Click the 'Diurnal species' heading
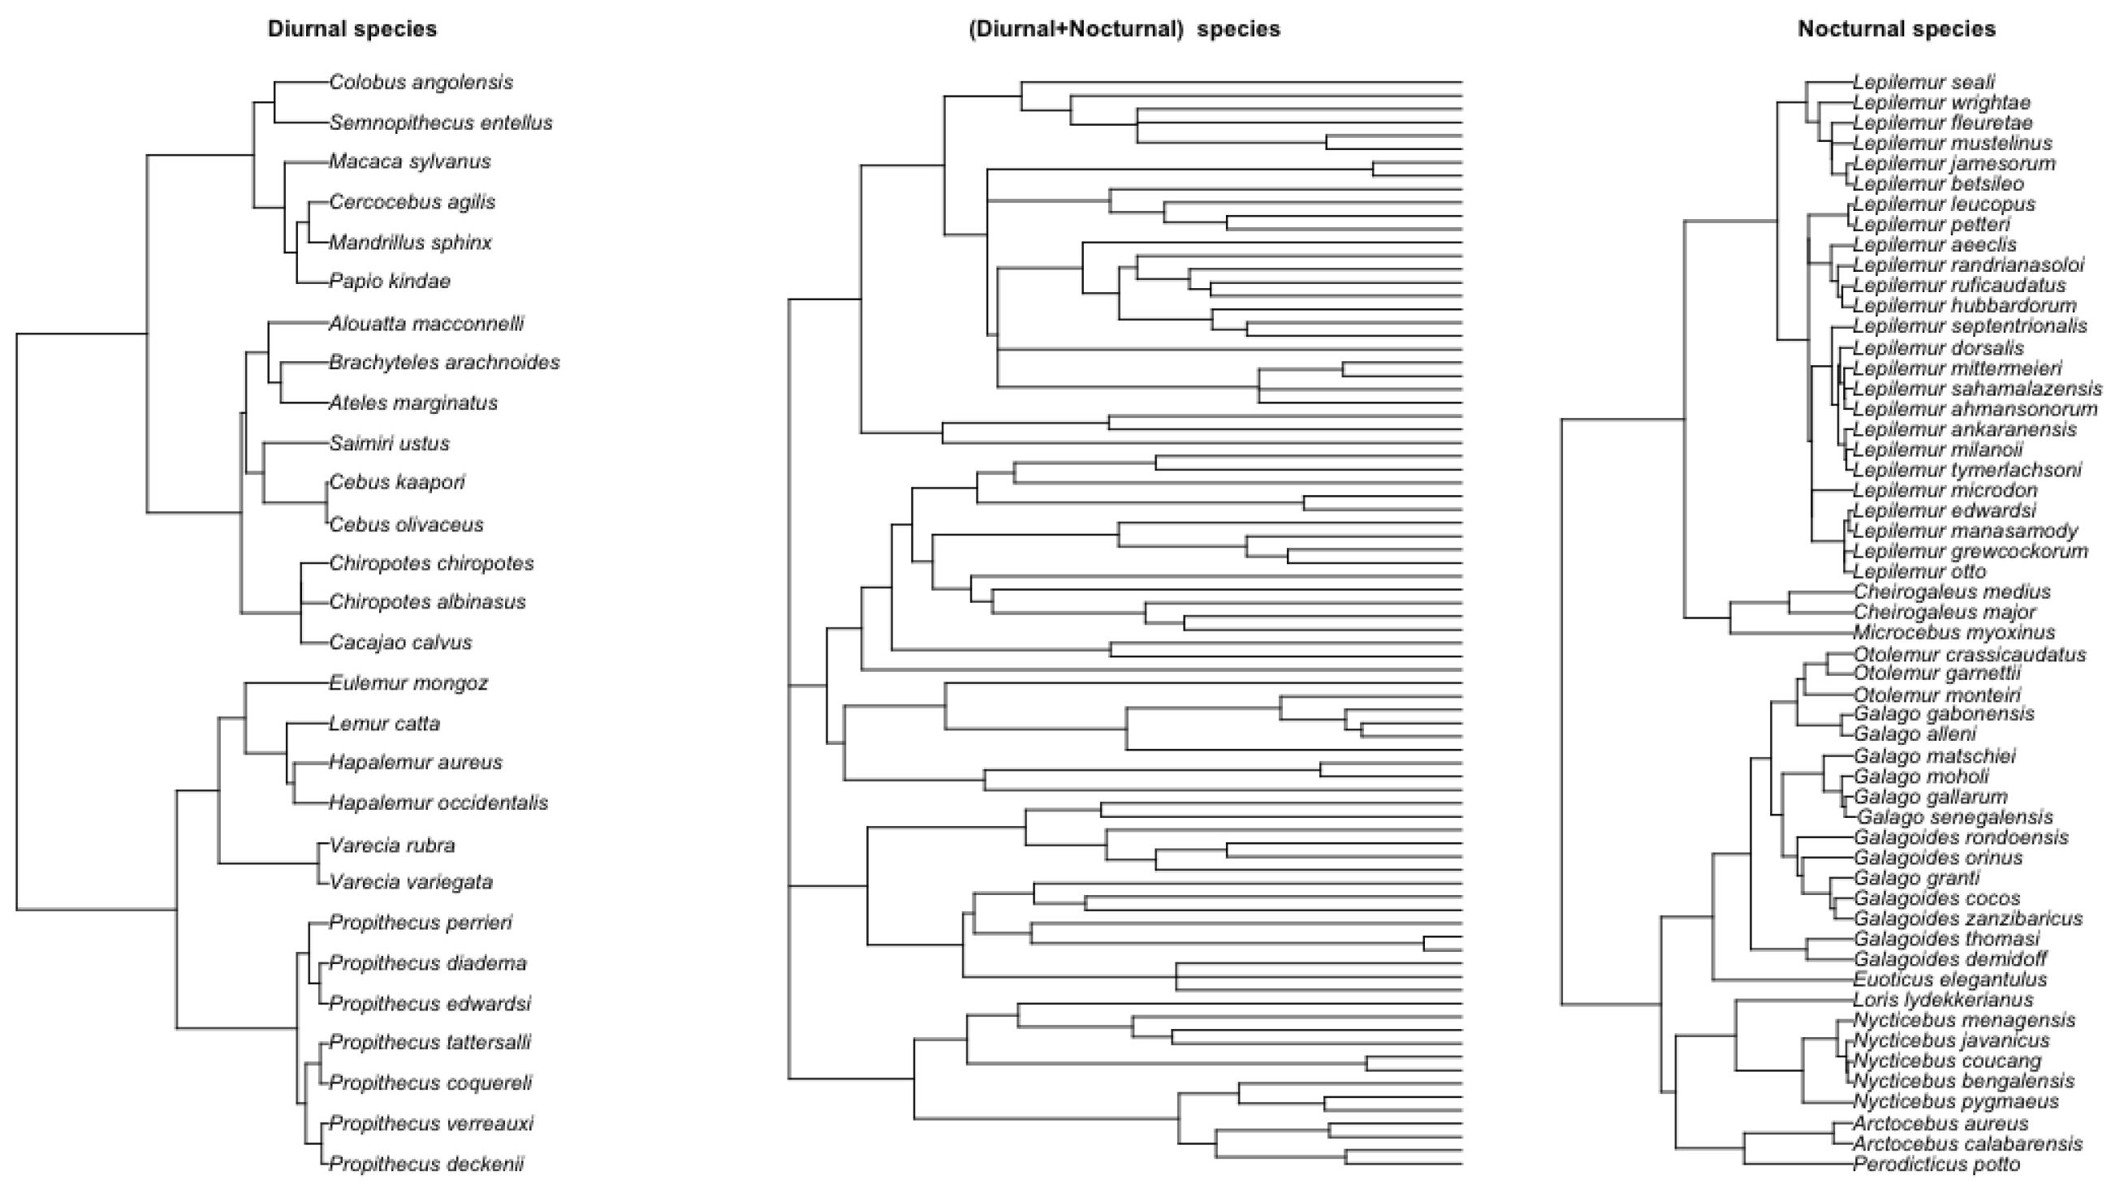(x=352, y=29)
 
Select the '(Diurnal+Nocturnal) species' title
(x=1124, y=29)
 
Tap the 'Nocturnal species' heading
(x=1897, y=29)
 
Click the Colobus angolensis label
(x=421, y=82)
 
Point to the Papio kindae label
(x=389, y=281)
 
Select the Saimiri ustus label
(x=389, y=443)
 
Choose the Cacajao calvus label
(x=401, y=643)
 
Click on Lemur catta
(x=384, y=724)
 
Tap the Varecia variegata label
(x=411, y=882)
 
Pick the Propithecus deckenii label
(x=426, y=1164)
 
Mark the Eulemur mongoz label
(x=408, y=682)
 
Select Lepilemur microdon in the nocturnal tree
(x=1945, y=490)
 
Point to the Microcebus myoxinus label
(x=1953, y=632)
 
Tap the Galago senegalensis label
(x=1954, y=817)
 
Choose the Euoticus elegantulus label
(x=1950, y=979)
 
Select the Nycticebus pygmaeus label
(x=1944, y=1101)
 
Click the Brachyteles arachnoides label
(x=444, y=362)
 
